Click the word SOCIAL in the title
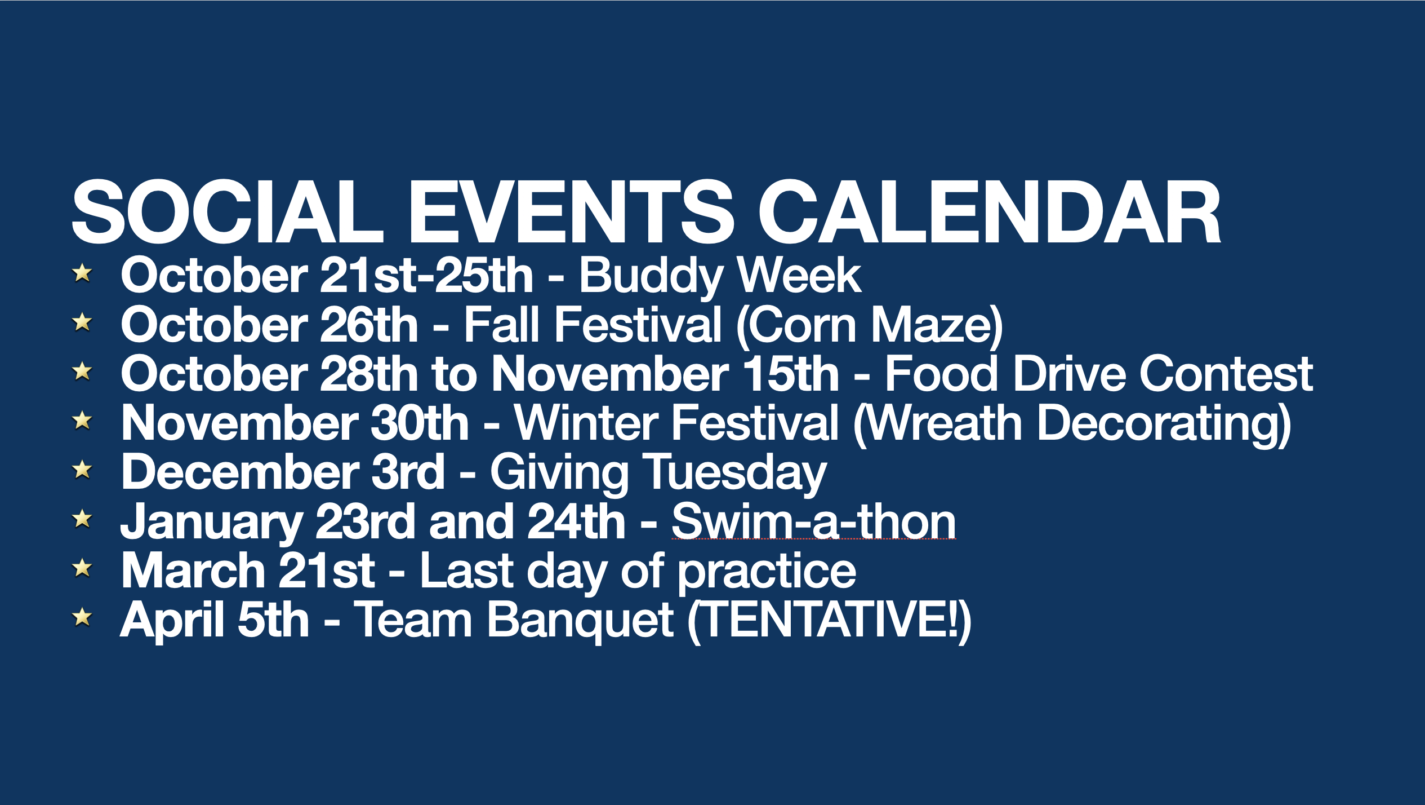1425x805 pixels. coord(228,212)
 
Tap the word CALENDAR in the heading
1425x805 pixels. coord(990,212)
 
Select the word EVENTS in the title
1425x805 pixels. coord(571,212)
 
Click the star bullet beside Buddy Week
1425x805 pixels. coord(82,273)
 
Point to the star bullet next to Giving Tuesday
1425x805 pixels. coord(82,469)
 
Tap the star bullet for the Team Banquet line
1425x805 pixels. coord(82,617)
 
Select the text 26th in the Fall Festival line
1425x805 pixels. coord(369,325)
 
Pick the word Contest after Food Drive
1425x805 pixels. coord(1227,374)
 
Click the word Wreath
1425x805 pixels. coord(945,423)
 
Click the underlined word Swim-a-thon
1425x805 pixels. coord(814,521)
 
